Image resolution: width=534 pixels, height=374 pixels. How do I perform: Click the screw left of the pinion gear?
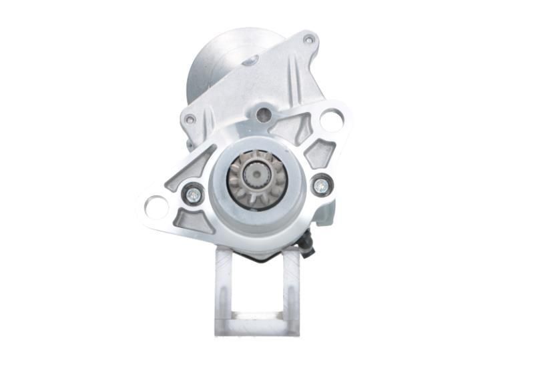point(192,193)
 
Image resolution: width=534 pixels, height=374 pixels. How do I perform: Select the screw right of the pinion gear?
point(322,185)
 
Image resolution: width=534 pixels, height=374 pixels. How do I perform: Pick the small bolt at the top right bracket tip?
point(308,40)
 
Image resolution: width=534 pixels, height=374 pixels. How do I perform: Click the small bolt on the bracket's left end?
point(190,120)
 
